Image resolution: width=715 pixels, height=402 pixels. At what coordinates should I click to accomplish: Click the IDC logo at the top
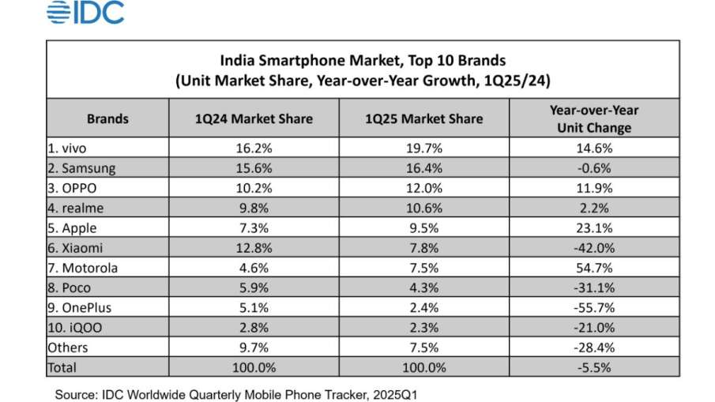click(85, 13)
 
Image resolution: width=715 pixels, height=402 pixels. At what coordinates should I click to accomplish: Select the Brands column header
click(107, 118)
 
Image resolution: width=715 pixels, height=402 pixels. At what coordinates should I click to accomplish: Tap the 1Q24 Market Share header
click(254, 118)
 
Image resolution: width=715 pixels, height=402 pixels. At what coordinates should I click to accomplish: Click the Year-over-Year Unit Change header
click(593, 118)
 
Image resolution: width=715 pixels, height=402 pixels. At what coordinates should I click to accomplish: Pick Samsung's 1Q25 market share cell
click(423, 167)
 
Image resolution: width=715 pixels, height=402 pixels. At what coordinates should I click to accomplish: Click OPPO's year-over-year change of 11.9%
click(593, 188)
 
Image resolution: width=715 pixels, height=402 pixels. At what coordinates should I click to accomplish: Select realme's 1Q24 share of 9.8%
click(254, 208)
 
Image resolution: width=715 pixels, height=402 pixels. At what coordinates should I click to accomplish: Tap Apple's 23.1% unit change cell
click(593, 227)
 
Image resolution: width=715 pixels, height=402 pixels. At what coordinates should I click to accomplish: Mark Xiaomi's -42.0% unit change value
click(593, 248)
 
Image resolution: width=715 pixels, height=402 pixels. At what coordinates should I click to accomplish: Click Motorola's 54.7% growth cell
click(593, 268)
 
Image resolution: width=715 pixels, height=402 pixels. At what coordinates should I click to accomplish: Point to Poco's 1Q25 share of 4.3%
click(423, 287)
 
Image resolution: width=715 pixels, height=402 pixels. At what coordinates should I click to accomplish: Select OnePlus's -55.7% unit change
click(593, 307)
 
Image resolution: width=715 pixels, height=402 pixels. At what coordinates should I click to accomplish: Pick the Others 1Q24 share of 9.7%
click(254, 348)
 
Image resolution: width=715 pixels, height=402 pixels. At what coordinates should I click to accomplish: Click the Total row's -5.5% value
click(593, 367)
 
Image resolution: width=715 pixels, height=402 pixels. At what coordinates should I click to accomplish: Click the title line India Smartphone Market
click(363, 60)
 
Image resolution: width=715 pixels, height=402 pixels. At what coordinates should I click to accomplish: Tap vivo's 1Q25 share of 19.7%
click(423, 147)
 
